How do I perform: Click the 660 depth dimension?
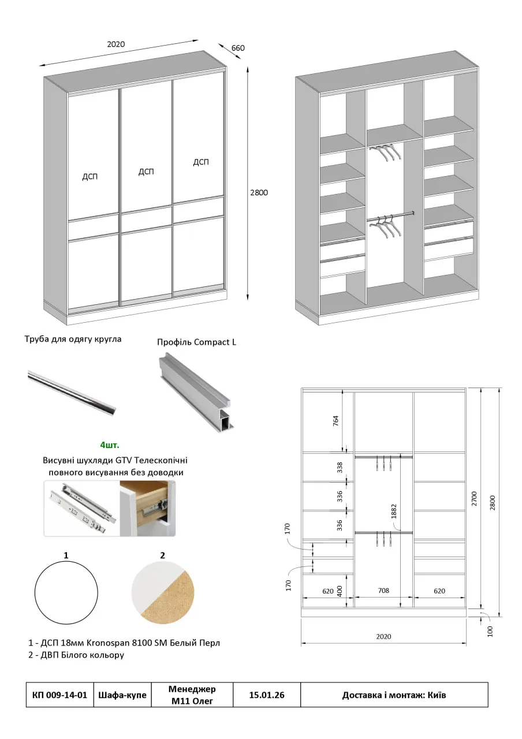pyautogui.click(x=238, y=48)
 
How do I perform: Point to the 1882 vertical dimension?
pyautogui.click(x=394, y=511)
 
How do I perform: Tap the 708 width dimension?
pyautogui.click(x=383, y=591)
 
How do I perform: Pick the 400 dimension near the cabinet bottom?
pyautogui.click(x=340, y=591)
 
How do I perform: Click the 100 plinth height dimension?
pyautogui.click(x=490, y=630)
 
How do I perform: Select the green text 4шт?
pyautogui.click(x=110, y=445)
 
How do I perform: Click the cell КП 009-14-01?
pyautogui.click(x=60, y=695)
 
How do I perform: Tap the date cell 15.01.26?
pyautogui.click(x=266, y=695)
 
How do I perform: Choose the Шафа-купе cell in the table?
pyautogui.click(x=122, y=695)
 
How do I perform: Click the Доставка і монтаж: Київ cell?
pyautogui.click(x=394, y=695)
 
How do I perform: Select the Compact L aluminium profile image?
pyautogui.click(x=196, y=393)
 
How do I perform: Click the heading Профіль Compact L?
pyautogui.click(x=196, y=342)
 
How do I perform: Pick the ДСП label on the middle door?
pyautogui.click(x=146, y=171)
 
